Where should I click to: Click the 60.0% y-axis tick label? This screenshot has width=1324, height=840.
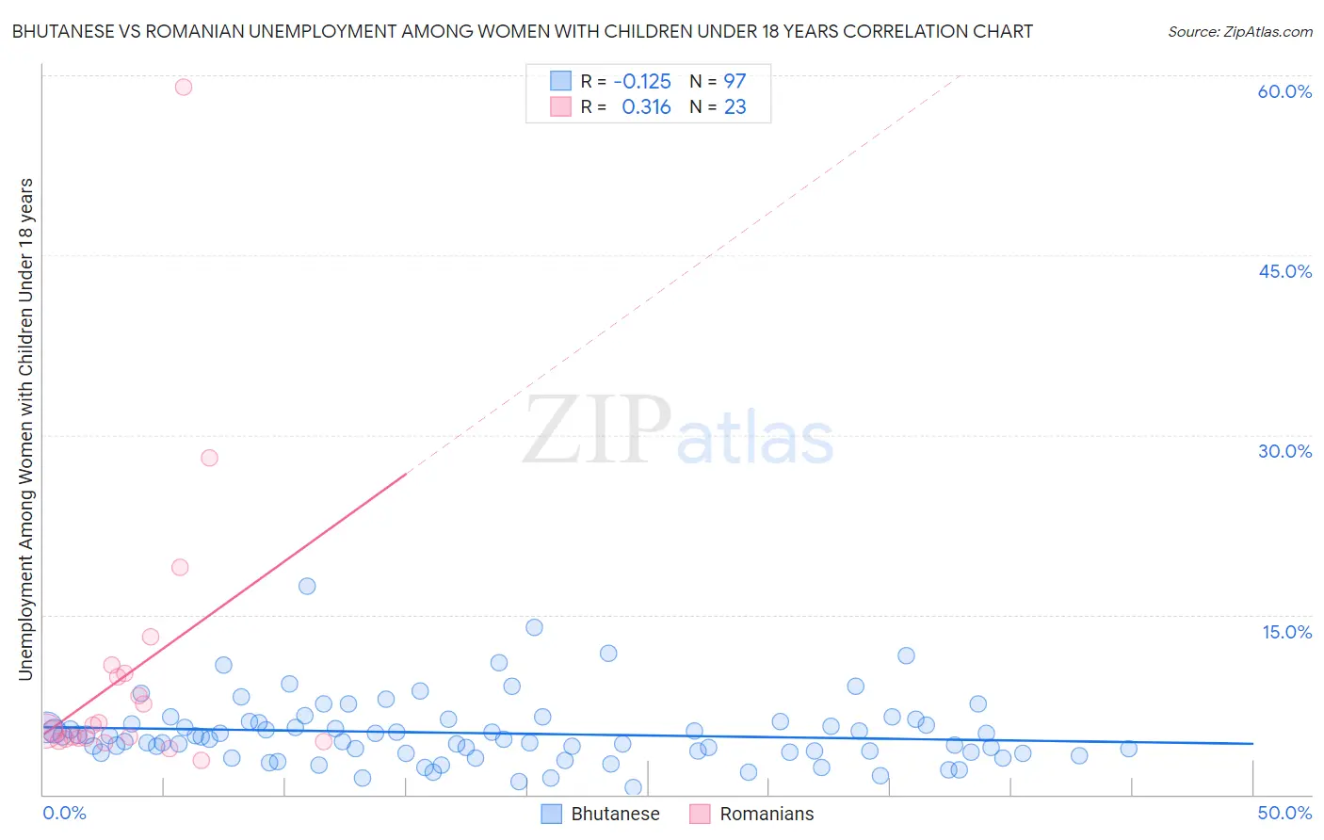pyautogui.click(x=1284, y=91)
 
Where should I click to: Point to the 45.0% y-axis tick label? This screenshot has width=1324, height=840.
pyautogui.click(x=1284, y=271)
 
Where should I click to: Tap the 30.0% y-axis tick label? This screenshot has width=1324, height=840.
pyautogui.click(x=1284, y=451)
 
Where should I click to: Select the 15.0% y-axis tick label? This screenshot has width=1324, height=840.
pyautogui.click(x=1286, y=632)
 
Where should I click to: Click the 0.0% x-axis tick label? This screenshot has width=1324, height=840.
pyautogui.click(x=64, y=813)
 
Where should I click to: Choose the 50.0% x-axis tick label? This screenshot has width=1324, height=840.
pyautogui.click(x=1284, y=813)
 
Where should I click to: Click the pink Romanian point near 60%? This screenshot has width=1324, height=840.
pyautogui.click(x=184, y=87)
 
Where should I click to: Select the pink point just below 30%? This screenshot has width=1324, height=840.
pyautogui.click(x=209, y=458)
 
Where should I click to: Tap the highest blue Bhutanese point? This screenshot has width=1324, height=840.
pyautogui.click(x=307, y=586)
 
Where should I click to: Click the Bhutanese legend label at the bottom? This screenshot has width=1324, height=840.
pyautogui.click(x=615, y=814)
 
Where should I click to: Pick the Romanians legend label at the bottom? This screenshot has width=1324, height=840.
pyautogui.click(x=767, y=814)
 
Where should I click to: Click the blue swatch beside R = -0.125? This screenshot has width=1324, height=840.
pyautogui.click(x=560, y=81)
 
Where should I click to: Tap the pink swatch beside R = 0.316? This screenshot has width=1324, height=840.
pyautogui.click(x=560, y=106)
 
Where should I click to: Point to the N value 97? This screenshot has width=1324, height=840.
pyautogui.click(x=735, y=81)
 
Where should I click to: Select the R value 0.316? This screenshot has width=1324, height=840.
pyautogui.click(x=646, y=107)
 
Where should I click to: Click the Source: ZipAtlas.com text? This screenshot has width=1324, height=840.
pyautogui.click(x=1239, y=31)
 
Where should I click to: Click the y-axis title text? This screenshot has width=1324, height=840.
pyautogui.click(x=25, y=428)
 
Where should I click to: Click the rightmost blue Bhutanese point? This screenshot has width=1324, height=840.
pyautogui.click(x=1128, y=749)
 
